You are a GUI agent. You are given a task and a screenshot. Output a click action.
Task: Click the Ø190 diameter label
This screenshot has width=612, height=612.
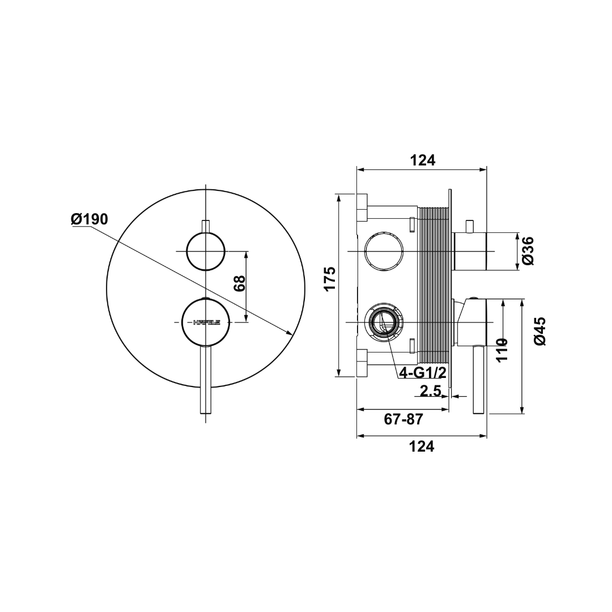click(90, 219)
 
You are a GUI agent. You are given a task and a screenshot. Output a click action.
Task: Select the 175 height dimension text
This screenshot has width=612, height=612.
click(330, 278)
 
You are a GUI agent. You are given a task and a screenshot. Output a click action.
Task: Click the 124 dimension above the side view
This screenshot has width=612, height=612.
click(423, 160)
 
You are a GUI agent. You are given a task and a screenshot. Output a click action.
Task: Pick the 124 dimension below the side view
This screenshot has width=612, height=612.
click(422, 447)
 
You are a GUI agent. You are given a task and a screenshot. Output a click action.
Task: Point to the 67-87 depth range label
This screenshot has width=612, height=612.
click(403, 419)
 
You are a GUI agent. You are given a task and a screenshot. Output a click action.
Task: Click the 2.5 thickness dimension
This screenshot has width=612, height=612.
click(431, 390)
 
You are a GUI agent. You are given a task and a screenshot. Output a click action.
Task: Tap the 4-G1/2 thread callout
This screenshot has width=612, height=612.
click(423, 372)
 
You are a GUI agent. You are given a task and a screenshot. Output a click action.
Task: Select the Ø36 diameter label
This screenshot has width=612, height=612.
click(528, 250)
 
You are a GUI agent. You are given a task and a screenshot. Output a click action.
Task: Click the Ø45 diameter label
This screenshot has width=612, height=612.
click(539, 331)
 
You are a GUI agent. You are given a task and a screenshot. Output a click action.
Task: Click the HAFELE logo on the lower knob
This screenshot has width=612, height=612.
click(206, 322)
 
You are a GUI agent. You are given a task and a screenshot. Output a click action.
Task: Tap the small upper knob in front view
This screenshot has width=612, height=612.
click(206, 251)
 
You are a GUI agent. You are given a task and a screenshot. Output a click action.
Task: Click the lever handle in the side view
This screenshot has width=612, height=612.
click(478, 380)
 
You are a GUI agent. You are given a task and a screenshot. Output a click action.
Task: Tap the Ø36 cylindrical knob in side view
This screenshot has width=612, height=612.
click(470, 251)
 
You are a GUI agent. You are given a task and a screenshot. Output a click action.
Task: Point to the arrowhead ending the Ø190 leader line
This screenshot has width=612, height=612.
click(290, 333)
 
